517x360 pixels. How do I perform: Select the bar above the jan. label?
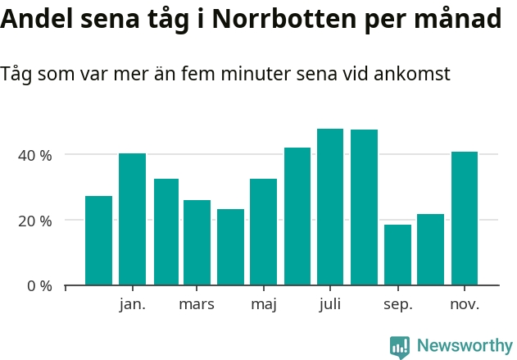132,220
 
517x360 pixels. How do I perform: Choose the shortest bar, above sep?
397,255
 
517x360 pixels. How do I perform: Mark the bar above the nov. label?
465,219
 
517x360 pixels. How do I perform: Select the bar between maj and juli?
297,216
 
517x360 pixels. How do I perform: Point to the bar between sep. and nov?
430,250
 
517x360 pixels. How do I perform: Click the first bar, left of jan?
98,241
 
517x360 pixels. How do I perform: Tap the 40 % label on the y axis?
35,155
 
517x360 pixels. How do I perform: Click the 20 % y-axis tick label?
35,221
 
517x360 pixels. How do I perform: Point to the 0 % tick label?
39,286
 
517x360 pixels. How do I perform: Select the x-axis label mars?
197,305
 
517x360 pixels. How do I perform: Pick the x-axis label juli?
330,305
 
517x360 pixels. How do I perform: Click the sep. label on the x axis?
397,305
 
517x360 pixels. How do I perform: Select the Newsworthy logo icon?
400,347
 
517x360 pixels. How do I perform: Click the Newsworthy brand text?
464,346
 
